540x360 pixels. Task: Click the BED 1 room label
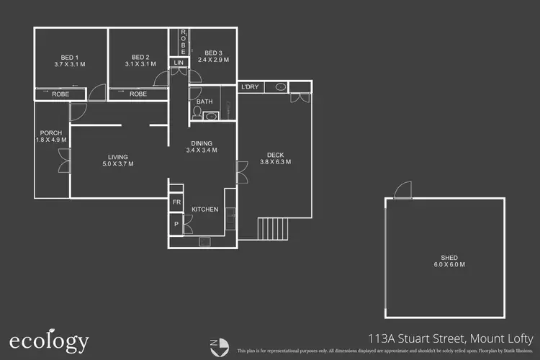click(70, 58)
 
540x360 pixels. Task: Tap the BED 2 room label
click(140, 58)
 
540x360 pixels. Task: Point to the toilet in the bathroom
click(198, 113)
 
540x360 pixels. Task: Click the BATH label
click(204, 102)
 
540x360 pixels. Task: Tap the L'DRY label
click(250, 87)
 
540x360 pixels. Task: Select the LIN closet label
click(179, 63)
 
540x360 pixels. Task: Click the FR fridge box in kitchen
click(176, 202)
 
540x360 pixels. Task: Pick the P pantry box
click(176, 225)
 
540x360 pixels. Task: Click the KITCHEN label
click(204, 210)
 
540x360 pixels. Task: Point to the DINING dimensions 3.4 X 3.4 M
click(202, 150)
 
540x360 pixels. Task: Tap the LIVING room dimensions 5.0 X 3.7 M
click(117, 163)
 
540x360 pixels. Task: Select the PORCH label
click(50, 133)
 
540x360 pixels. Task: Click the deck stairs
click(273, 229)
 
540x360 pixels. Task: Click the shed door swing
click(400, 189)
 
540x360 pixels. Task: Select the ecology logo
click(49, 341)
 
